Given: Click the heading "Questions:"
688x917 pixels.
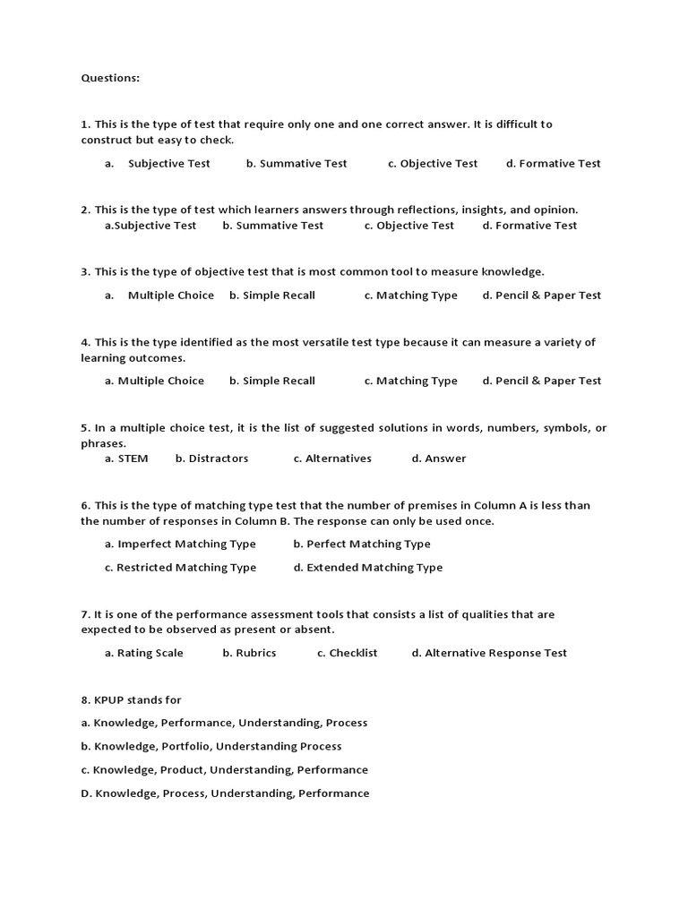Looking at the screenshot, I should coord(110,78).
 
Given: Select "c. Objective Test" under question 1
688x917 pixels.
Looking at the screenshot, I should coord(433,164).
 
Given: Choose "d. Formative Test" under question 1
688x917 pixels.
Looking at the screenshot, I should coord(553,164).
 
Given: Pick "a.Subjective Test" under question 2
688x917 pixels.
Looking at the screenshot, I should coord(150,226).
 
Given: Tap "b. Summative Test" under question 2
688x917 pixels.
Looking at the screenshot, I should coord(273,226).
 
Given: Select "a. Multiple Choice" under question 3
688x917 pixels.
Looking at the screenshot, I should coord(159,296).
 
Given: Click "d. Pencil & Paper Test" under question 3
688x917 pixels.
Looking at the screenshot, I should coord(542,296).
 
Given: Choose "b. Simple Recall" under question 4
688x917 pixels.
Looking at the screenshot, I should coord(272,381).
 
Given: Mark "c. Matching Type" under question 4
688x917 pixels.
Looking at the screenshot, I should coord(410,381).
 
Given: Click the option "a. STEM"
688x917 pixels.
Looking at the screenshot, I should coord(126,458).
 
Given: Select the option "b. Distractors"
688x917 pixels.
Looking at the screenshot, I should coord(211,458).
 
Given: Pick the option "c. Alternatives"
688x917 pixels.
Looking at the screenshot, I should coord(332,458).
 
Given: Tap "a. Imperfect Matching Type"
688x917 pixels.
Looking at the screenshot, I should coord(180,544).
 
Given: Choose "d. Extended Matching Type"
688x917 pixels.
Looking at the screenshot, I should coord(367,568).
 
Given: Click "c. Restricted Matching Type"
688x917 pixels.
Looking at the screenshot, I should coord(180,568).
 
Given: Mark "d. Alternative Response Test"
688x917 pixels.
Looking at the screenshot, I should coord(489,654).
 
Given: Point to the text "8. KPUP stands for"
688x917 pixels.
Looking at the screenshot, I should coord(131,700).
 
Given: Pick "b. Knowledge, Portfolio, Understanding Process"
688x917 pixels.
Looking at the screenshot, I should coord(211,747).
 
